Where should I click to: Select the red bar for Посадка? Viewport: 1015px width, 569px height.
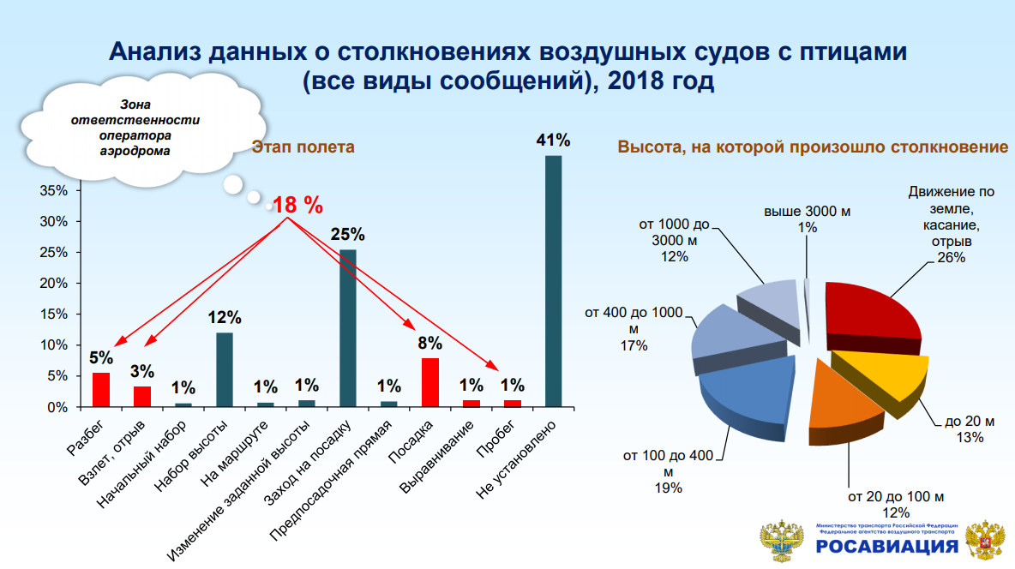pyautogui.click(x=430, y=382)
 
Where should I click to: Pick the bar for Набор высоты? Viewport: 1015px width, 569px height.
pyautogui.click(x=224, y=369)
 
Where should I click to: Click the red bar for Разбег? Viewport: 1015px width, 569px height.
pyautogui.click(x=100, y=390)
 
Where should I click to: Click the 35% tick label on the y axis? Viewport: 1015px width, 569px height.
pyautogui.click(x=53, y=190)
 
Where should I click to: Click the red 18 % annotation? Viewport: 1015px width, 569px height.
pyautogui.click(x=297, y=205)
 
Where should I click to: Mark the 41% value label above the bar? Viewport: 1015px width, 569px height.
pyautogui.click(x=553, y=140)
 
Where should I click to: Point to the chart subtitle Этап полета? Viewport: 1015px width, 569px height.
pyautogui.click(x=303, y=147)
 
